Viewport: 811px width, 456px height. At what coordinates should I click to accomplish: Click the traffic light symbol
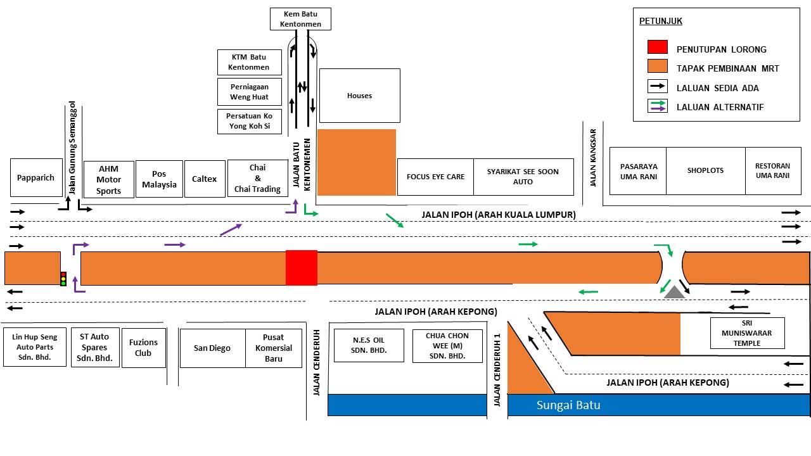click(x=63, y=279)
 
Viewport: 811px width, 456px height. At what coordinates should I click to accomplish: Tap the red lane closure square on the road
click(x=302, y=268)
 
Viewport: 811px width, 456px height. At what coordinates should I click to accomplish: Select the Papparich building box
click(x=36, y=178)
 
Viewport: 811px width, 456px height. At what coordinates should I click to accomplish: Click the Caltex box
click(x=205, y=179)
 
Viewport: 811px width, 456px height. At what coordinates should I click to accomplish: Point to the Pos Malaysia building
click(x=159, y=179)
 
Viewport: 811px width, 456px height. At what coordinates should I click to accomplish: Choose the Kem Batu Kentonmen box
click(x=300, y=19)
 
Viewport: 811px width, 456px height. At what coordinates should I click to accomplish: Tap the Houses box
click(x=359, y=96)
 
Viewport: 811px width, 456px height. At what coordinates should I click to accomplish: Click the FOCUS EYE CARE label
click(x=435, y=177)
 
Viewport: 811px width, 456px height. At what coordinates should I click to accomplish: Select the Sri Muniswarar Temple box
click(x=747, y=333)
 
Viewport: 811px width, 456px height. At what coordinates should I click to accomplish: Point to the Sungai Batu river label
click(x=568, y=405)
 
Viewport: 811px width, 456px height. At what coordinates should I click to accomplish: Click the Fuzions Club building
click(x=144, y=348)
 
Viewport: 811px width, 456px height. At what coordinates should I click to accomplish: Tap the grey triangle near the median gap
click(x=674, y=293)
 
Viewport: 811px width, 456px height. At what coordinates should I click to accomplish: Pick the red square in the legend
click(x=658, y=47)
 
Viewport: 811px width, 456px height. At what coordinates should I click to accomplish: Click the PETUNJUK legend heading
click(x=661, y=21)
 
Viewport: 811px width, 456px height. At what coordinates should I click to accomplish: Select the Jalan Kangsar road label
click(x=592, y=158)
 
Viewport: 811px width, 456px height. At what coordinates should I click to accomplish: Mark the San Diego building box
click(x=212, y=348)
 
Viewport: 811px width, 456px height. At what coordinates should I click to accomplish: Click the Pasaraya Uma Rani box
click(x=638, y=171)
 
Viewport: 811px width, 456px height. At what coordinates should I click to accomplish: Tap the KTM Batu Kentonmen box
click(x=250, y=62)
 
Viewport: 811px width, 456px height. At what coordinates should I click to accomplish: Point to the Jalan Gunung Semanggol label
click(x=72, y=148)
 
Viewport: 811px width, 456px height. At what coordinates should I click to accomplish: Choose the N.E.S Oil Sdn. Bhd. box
click(x=369, y=345)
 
